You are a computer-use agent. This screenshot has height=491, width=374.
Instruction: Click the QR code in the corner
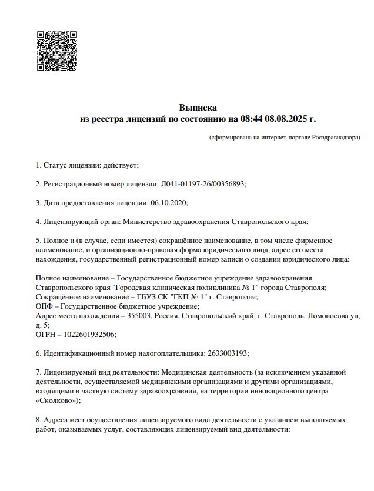[x=57, y=51]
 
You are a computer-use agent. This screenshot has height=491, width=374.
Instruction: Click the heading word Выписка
[x=198, y=108]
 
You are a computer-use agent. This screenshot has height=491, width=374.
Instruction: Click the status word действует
[x=121, y=165]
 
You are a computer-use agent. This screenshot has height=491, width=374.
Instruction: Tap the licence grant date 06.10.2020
[x=169, y=202]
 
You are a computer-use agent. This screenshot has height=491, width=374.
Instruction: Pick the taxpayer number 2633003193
[x=228, y=353]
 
